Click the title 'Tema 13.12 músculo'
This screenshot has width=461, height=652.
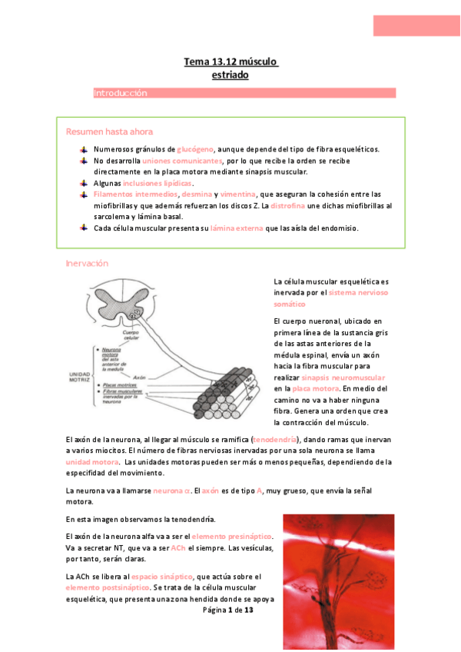tap(230, 61)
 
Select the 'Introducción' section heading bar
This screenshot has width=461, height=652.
tap(244, 93)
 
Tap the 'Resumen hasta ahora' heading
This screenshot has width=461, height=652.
tap(109, 131)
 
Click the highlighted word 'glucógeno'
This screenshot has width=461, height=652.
tap(194, 149)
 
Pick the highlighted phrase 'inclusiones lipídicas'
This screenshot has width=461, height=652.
tap(158, 184)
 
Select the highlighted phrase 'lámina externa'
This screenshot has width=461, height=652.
tap(236, 229)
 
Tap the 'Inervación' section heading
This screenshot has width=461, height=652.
tap(87, 264)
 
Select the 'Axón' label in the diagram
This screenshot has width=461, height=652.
tap(139, 378)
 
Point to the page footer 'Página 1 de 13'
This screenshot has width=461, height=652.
tap(228, 610)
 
